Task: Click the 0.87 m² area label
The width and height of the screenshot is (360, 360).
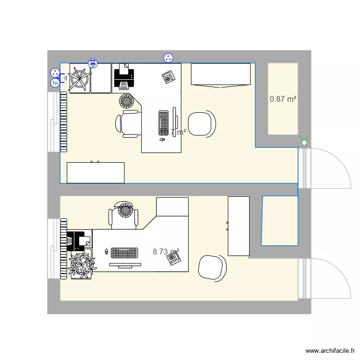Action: point(283,99)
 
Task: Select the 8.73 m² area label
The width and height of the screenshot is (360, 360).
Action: point(166,252)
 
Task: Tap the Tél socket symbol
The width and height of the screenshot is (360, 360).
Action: point(55,83)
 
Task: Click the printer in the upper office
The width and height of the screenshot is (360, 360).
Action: point(123,77)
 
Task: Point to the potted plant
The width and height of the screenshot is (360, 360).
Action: point(82,265)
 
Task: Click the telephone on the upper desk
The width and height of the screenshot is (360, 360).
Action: point(168,77)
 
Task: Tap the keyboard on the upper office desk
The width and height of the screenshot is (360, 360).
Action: point(163,122)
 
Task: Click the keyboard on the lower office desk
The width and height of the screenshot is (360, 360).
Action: point(124,252)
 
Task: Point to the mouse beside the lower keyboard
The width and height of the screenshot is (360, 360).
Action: point(107,251)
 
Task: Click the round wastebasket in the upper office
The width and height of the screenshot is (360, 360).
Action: point(126,101)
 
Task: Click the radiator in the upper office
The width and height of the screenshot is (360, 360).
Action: point(63,122)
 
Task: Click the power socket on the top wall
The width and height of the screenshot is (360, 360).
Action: point(168,58)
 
